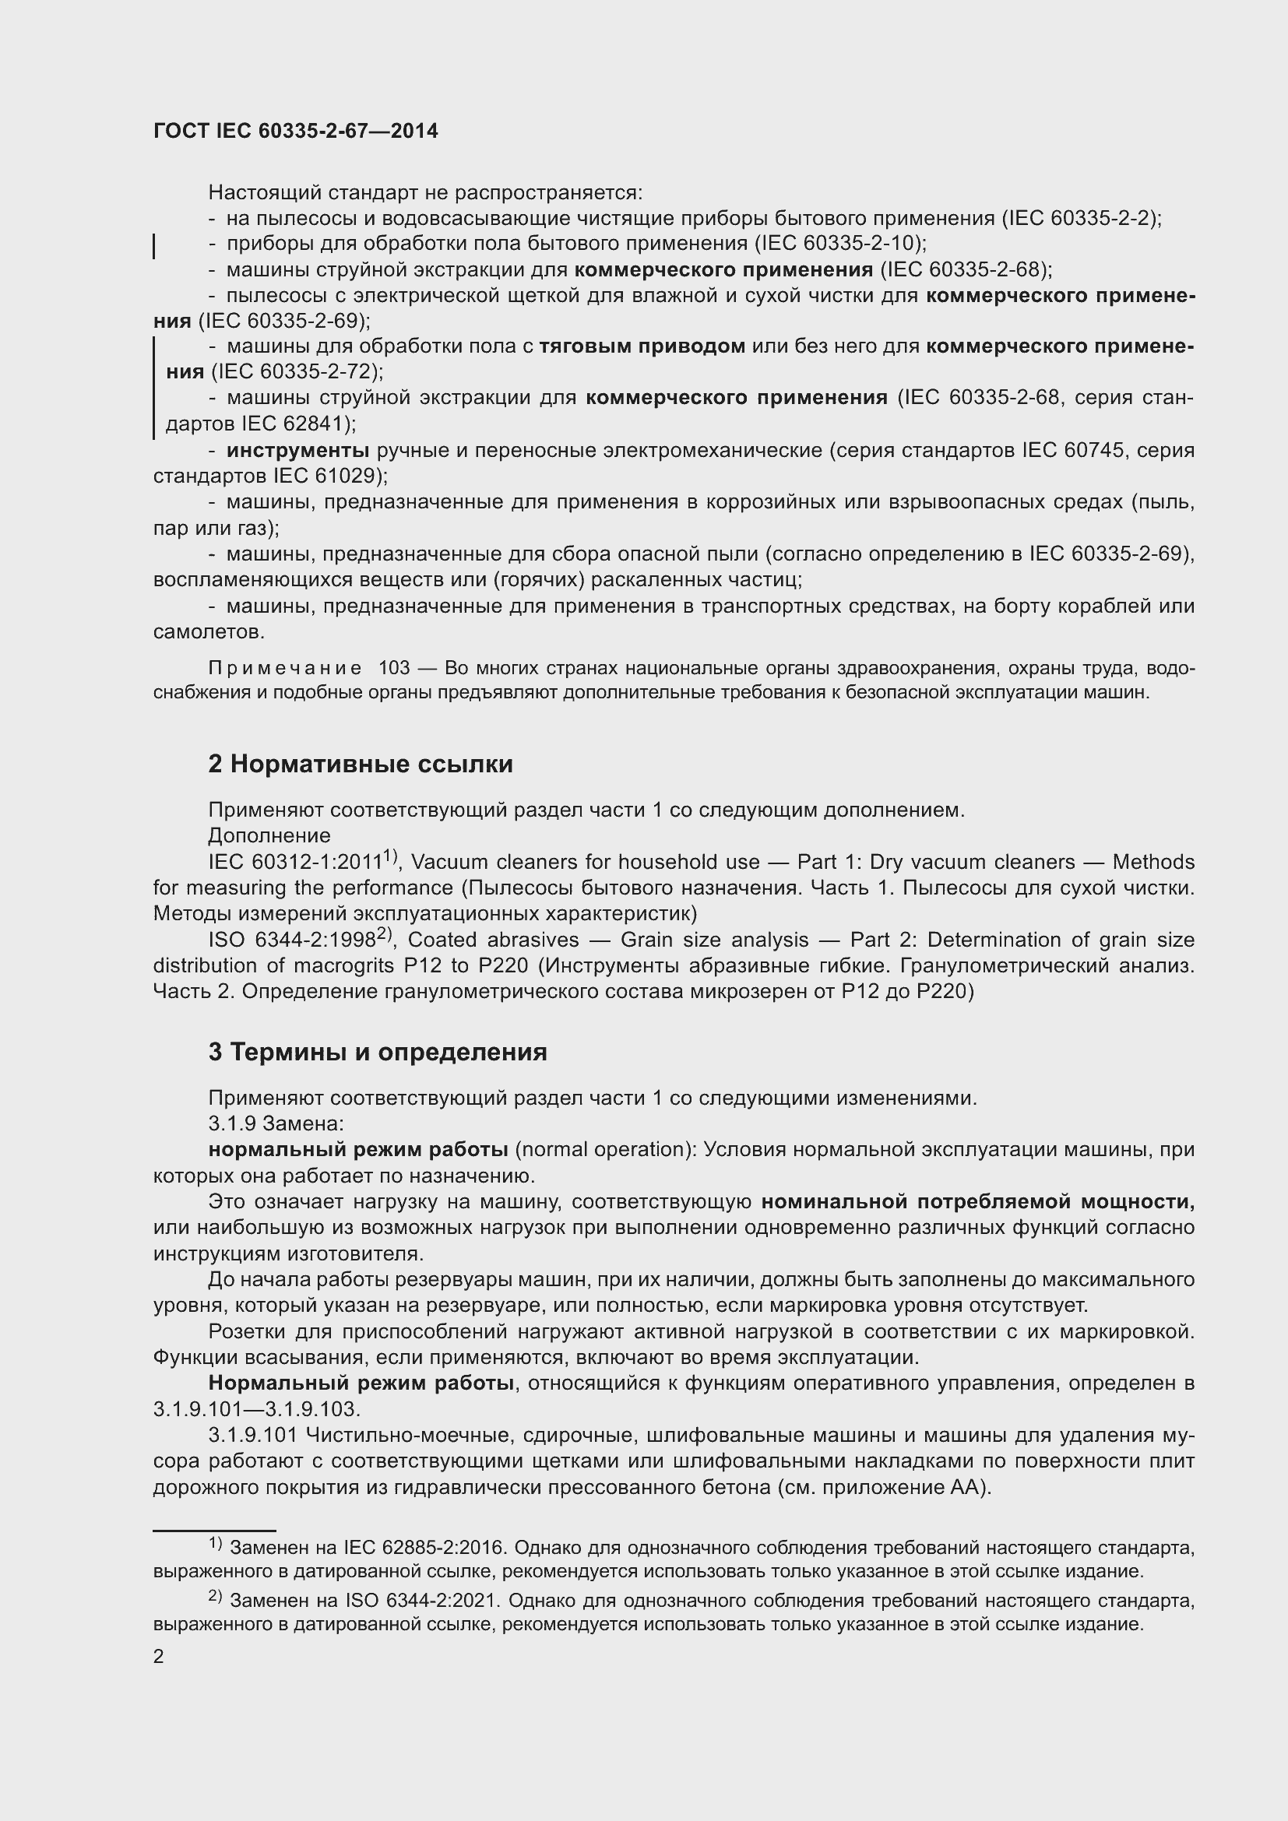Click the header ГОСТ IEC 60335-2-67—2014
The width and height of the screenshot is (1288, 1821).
295,132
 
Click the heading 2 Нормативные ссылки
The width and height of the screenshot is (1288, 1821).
360,764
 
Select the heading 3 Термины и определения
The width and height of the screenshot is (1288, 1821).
378,1052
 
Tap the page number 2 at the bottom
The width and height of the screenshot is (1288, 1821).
159,1656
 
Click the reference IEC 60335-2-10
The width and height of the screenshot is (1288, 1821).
838,244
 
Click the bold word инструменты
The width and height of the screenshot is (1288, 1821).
297,451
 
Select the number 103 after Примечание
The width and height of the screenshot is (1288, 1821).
394,668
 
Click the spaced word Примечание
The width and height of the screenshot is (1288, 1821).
285,668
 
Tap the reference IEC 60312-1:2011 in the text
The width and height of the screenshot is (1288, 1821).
295,862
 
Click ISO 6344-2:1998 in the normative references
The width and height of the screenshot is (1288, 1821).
291,940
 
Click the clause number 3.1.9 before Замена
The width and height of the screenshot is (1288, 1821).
231,1124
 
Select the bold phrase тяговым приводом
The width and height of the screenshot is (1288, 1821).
642,346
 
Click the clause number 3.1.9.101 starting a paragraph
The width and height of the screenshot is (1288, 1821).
252,1436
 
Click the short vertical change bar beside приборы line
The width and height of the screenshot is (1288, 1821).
154,247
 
